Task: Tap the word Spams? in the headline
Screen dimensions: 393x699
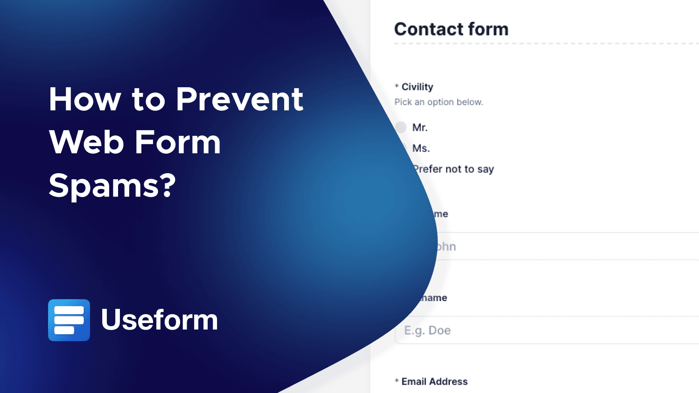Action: [112, 185]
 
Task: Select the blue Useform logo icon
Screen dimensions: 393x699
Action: [69, 320]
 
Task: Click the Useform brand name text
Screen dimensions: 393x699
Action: [160, 320]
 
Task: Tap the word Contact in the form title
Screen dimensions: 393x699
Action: [428, 29]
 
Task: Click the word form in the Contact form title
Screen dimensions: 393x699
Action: [488, 29]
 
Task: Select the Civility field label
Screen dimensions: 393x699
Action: [417, 87]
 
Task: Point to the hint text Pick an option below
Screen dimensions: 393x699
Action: [439, 102]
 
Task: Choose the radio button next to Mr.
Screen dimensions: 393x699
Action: [401, 127]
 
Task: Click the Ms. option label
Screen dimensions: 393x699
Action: [421, 148]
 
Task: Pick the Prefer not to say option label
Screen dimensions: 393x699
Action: [454, 169]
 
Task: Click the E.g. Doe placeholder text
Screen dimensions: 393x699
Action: [427, 330]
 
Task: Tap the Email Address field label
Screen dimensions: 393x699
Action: [434, 381]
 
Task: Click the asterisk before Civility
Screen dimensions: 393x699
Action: [397, 86]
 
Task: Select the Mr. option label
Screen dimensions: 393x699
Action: [420, 127]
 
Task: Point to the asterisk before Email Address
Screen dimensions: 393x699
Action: [397, 381]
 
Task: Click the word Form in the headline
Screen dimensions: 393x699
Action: [178, 142]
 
